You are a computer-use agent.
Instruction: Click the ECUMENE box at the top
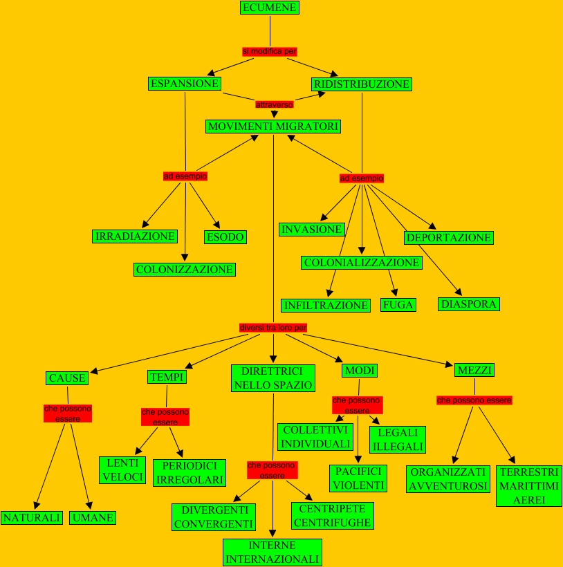coord(270,8)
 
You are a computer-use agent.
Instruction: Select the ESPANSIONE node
coord(185,84)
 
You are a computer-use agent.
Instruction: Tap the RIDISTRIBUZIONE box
coord(362,84)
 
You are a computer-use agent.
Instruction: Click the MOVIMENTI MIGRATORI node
coord(273,127)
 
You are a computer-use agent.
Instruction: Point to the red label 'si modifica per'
coord(270,51)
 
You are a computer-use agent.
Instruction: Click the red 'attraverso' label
coord(275,104)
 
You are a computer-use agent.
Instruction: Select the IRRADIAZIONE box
coord(136,236)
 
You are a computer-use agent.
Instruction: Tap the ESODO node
coord(225,237)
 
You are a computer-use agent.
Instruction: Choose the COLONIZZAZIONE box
coord(185,269)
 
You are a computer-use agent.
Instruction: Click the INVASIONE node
coord(312,230)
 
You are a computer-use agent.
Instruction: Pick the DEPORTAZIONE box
coord(449,238)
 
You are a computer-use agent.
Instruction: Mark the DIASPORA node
coord(469,304)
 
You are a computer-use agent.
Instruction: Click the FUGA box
coord(398,305)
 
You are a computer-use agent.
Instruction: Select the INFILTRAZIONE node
coord(326,306)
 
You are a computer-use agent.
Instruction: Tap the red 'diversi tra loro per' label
coord(273,327)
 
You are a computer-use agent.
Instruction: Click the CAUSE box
coord(67,378)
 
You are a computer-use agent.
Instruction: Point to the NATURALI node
coord(33,518)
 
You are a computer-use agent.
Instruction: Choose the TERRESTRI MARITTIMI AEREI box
coord(529,485)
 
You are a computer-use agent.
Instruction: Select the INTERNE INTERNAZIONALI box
coord(273,552)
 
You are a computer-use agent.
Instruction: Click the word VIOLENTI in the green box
coord(358,485)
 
